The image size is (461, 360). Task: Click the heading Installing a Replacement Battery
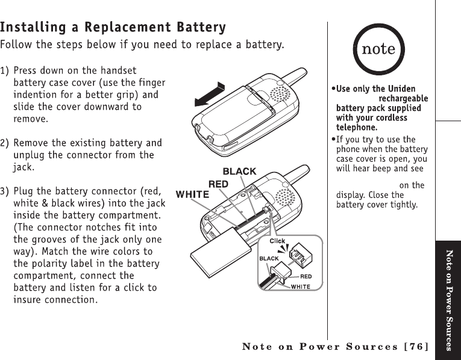pos(113,28)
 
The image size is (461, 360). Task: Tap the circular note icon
pos(378,49)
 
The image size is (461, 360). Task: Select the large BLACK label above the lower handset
pos(239,172)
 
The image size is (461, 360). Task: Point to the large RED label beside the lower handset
pos(218,183)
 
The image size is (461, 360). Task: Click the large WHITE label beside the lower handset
pos(192,194)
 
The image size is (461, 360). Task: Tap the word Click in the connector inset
pos(277,241)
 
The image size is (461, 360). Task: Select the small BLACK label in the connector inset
pos(269,258)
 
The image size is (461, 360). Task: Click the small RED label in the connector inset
pos(306,277)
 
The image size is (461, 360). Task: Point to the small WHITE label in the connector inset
pos(301,286)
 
